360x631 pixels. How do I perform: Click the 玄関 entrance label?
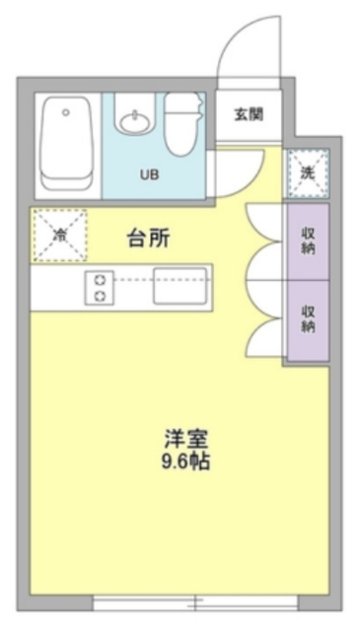[x=249, y=113]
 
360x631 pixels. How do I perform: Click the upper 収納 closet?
[x=308, y=242]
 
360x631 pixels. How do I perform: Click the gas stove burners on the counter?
[x=100, y=286]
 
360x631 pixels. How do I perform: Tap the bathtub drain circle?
[x=65, y=112]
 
